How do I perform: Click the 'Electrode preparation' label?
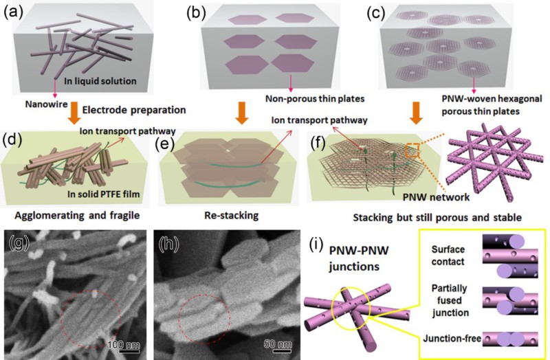pos(120,109)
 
